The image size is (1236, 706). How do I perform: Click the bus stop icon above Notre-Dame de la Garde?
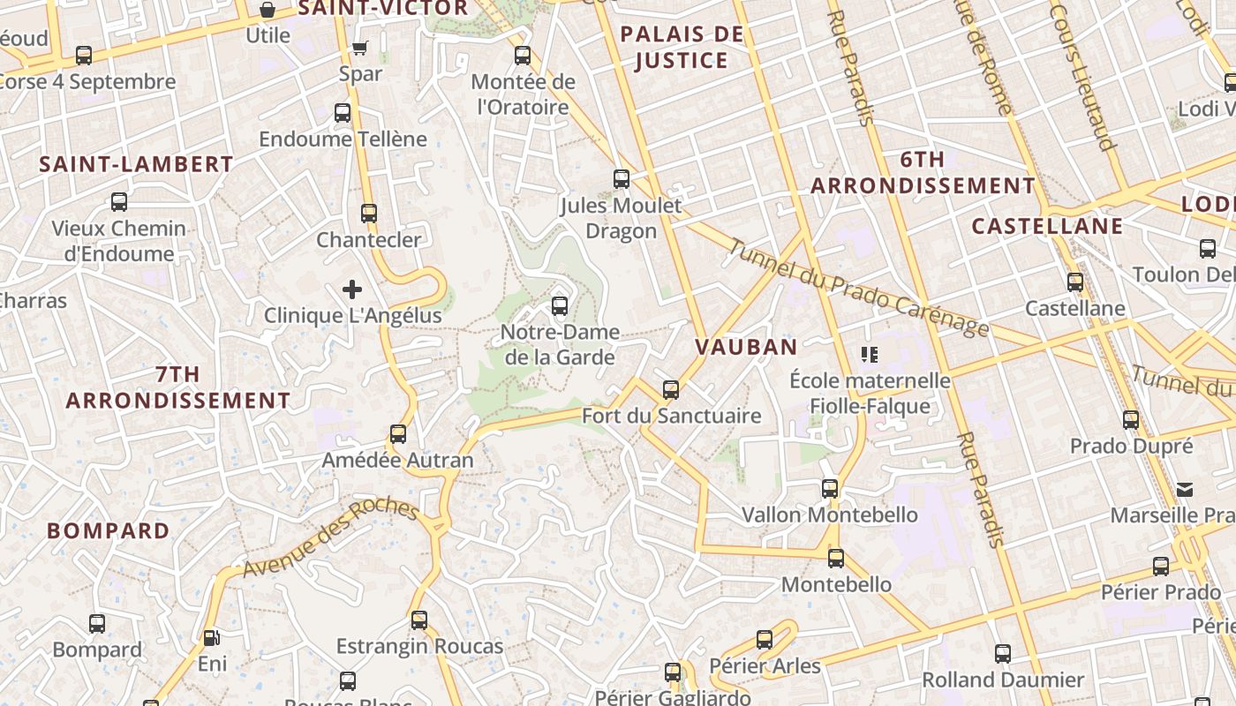click(559, 306)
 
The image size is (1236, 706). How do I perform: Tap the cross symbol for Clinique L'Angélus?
click(352, 289)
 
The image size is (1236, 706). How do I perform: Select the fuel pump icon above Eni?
click(211, 637)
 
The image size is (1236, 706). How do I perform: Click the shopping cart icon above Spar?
click(359, 48)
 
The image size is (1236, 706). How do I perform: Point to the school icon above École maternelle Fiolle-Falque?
click(870, 355)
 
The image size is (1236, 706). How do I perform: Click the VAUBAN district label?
click(746, 347)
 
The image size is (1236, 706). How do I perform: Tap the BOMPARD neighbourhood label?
click(108, 530)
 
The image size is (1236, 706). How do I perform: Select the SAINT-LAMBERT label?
click(136, 164)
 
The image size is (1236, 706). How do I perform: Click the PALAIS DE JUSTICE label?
click(681, 48)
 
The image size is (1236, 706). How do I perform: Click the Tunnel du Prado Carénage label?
click(858, 288)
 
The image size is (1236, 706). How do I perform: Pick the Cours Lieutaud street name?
click(1084, 78)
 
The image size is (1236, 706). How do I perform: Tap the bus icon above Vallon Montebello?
click(830, 488)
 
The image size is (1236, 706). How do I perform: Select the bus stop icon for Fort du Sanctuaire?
click(671, 389)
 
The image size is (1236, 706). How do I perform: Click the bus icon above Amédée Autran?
click(398, 433)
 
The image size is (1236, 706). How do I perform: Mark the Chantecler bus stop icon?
click(369, 213)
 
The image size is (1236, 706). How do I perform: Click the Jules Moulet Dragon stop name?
click(622, 218)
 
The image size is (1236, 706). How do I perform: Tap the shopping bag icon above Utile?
click(268, 10)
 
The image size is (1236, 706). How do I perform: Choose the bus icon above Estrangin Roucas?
click(419, 620)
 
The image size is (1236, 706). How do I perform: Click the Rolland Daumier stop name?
click(1003, 680)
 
